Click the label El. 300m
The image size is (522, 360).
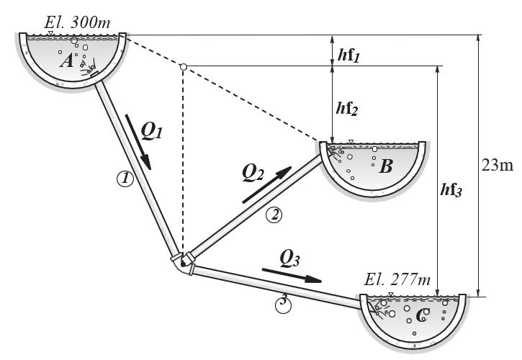(77, 22)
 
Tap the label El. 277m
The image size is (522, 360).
(397, 279)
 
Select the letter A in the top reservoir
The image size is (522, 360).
(66, 61)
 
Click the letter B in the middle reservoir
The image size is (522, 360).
(386, 166)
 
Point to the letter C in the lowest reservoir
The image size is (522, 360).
(423, 315)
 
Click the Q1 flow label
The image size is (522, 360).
(151, 130)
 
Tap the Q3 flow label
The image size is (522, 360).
(289, 258)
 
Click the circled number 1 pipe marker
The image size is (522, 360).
(125, 179)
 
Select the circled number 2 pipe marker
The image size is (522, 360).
(274, 215)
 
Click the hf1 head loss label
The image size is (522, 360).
(348, 55)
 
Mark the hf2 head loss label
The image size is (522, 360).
(347, 109)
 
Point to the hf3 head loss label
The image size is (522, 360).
(451, 190)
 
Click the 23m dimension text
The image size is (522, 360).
(498, 165)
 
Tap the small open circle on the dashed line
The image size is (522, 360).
(183, 67)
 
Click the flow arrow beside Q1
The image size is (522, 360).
(138, 143)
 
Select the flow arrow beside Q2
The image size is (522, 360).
(266, 184)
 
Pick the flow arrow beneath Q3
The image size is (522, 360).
(292, 276)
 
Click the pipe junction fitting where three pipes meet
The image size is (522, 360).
(182, 263)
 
